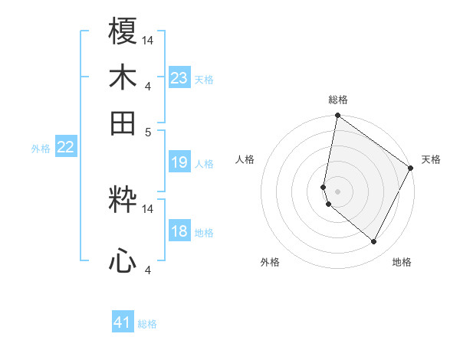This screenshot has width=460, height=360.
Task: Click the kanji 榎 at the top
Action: (x=123, y=32)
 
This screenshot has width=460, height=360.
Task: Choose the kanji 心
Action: (x=123, y=262)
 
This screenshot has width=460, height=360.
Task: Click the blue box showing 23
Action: (x=179, y=78)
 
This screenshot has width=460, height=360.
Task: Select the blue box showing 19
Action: (x=179, y=162)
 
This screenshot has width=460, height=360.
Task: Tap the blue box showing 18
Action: (x=179, y=232)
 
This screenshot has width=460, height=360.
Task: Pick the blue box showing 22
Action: (x=65, y=148)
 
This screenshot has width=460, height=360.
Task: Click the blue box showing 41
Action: (x=123, y=322)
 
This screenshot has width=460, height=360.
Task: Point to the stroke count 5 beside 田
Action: (x=149, y=131)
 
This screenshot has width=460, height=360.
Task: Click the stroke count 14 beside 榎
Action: (x=149, y=40)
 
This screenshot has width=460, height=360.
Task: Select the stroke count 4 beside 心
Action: (x=149, y=270)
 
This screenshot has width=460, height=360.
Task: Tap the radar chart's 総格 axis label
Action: (x=338, y=100)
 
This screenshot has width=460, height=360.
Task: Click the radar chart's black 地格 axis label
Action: (x=402, y=262)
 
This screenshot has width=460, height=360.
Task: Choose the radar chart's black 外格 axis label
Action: (x=270, y=262)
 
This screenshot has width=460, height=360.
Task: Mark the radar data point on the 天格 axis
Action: (x=411, y=168)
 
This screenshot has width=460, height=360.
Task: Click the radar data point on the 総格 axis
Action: (x=337, y=116)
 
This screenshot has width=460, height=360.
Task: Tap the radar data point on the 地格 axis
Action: (x=374, y=242)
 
